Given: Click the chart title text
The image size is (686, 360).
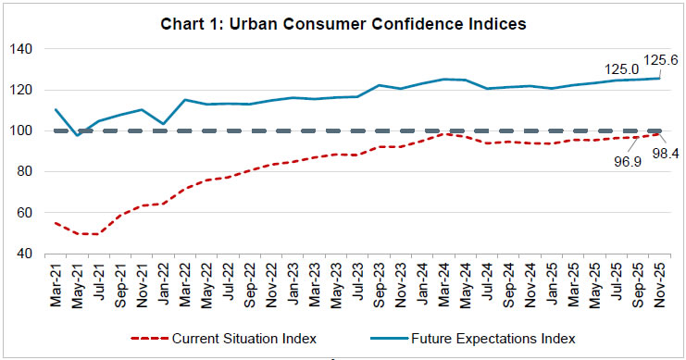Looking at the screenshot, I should tap(343, 24).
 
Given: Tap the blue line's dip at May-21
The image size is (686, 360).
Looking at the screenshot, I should tap(78, 135).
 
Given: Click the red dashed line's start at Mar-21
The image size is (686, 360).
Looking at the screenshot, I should tap(56, 223).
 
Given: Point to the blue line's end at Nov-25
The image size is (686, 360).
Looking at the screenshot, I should tap(658, 78).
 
